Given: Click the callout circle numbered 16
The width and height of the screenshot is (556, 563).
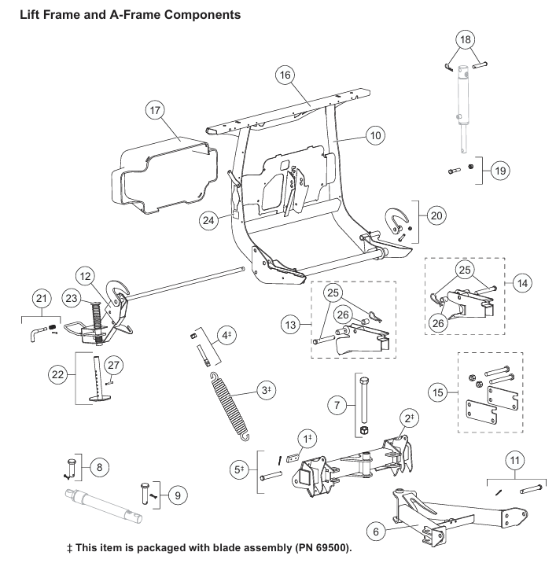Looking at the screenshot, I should pos(285,75).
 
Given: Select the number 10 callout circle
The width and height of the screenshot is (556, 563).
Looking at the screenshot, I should pos(375,135).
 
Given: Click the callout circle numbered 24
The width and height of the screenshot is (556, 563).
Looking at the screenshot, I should pos(208,220).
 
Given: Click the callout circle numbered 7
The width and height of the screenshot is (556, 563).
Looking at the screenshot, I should pos(337,406).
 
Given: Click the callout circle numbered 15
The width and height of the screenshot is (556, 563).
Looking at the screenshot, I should pos(439,390).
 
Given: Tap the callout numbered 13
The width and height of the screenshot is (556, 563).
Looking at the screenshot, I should pos(293,324).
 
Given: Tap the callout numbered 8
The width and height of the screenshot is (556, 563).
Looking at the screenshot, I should pos(98,466).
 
